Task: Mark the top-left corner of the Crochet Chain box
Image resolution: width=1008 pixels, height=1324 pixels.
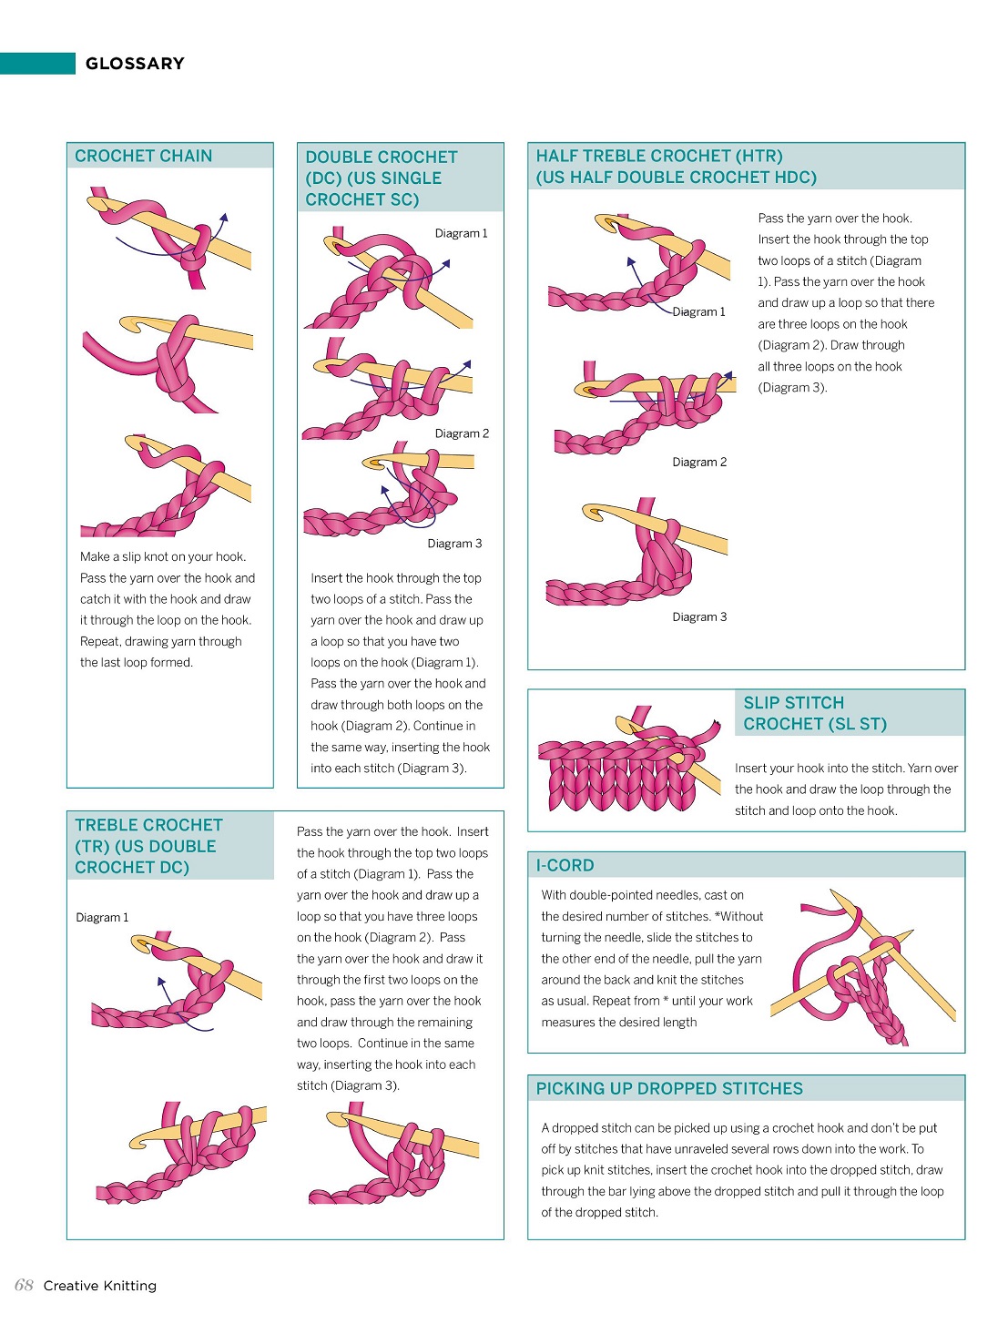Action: pos(67,143)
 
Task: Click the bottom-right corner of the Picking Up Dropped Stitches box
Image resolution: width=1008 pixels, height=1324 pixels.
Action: pos(964,1239)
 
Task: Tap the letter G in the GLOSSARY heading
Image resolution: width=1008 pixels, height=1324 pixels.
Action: pos(92,64)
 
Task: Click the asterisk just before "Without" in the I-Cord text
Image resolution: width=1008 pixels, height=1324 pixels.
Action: pos(718,914)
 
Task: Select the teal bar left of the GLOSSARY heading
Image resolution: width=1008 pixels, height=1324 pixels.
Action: pos(37,64)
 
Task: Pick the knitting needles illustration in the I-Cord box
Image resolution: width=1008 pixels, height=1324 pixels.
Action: pos(862,968)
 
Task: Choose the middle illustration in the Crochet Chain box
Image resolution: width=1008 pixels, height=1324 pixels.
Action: pos(168,363)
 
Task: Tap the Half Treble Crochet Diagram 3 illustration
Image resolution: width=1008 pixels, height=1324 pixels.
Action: pos(636,551)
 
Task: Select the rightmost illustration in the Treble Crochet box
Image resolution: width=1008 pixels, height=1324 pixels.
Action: pos(393,1153)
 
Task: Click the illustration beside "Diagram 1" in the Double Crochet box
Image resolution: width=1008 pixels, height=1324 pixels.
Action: pos(389,278)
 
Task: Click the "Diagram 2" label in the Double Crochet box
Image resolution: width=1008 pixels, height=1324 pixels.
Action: pos(462,433)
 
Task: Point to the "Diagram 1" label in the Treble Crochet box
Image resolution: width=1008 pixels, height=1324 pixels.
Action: pos(102,917)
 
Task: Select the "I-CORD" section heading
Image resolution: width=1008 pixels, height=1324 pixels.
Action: pos(565,865)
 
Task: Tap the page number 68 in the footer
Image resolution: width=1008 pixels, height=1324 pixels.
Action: pos(24,1286)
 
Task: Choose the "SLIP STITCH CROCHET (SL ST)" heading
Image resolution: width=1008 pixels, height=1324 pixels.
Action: pos(815,713)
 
